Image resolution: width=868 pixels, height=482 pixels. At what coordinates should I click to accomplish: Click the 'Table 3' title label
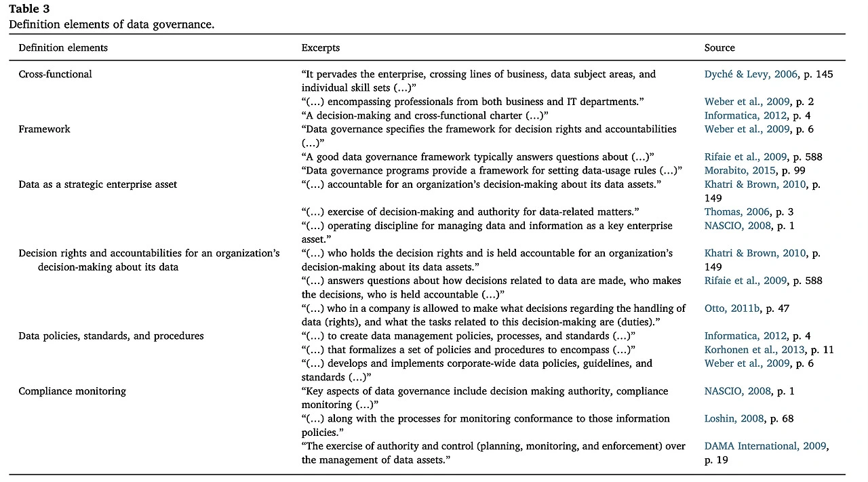tap(29, 9)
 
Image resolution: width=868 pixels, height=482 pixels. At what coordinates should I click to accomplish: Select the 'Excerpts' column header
tap(321, 47)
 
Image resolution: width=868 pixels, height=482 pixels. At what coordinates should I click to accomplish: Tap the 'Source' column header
tap(719, 47)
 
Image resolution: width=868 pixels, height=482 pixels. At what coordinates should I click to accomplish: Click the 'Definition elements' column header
tap(63, 47)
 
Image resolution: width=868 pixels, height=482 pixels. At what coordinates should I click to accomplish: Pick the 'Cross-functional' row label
tap(55, 74)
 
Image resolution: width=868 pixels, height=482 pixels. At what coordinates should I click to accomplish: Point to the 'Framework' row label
tap(44, 129)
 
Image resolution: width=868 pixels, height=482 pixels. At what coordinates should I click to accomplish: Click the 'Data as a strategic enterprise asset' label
tap(98, 184)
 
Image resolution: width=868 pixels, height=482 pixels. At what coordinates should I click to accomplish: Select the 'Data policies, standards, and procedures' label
tap(111, 336)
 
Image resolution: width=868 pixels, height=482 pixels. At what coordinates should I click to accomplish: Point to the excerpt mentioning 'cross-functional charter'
tap(425, 115)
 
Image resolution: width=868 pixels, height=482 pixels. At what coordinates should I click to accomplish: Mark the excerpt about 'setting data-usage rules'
tap(492, 170)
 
